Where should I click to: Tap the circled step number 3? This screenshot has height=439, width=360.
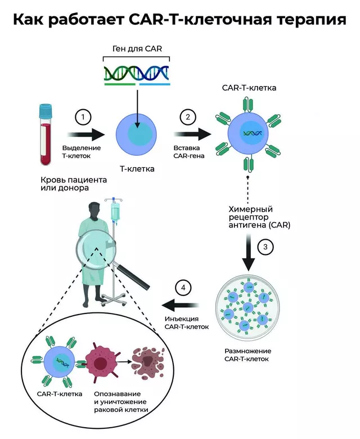pos(265,247)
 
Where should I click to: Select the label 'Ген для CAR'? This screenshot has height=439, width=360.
pos(137,49)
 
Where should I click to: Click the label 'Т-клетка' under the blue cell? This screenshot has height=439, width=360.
pos(137,168)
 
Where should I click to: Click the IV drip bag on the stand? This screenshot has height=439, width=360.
pos(115,213)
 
